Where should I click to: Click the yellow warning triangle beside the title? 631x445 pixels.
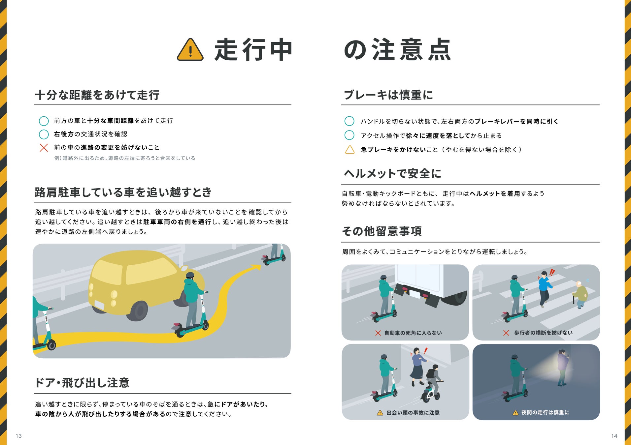[x=190, y=50]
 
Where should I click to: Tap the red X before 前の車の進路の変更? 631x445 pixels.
[x=44, y=148]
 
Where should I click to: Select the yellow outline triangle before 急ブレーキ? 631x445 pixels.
[x=349, y=150]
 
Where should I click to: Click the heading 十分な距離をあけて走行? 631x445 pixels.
[x=97, y=95]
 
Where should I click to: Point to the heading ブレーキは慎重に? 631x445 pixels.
[x=388, y=95]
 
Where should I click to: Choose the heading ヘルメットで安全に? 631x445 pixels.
[x=392, y=174]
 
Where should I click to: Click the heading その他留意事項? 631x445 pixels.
[x=382, y=231]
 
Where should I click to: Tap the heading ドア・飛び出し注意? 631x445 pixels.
[x=82, y=383]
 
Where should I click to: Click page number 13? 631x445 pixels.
[x=19, y=436]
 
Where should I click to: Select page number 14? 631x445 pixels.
[x=614, y=436]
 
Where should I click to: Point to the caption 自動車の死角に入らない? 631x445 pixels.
[x=413, y=333]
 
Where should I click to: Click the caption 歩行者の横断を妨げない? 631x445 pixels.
[x=543, y=333]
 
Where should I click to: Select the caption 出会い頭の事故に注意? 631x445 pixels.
[x=413, y=413]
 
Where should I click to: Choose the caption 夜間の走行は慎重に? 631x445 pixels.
[x=545, y=412]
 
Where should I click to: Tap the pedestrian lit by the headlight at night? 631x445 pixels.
[x=563, y=368]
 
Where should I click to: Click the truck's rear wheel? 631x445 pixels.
[x=456, y=297]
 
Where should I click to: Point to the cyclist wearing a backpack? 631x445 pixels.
[x=432, y=383]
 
